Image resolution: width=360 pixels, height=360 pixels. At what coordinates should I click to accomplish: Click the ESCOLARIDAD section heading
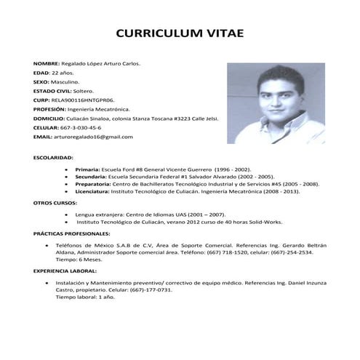(53, 157)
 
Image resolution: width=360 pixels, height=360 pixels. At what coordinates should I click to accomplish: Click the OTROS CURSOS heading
(54, 203)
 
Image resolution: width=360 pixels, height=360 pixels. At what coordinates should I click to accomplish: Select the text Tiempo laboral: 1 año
(86, 298)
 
